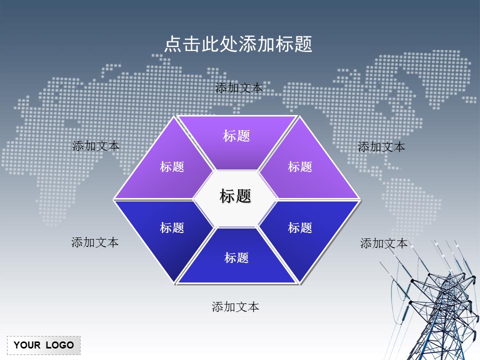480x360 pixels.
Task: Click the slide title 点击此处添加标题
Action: [x=238, y=44]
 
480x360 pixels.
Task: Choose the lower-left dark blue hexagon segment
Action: [x=165, y=230]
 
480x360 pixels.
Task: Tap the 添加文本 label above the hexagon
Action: [x=238, y=88]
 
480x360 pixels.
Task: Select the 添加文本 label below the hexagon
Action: [x=235, y=307]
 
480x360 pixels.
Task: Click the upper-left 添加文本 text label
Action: [x=96, y=146]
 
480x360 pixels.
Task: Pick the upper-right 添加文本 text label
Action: [x=381, y=147]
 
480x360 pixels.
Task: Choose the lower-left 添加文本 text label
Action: [x=95, y=242]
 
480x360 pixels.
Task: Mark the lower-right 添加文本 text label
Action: [x=384, y=243]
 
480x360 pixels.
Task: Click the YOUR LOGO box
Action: [x=43, y=345]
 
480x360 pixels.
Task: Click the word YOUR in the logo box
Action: [x=27, y=345]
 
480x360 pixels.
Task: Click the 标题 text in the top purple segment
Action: [x=236, y=136]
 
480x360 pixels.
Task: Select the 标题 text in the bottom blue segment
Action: [x=236, y=258]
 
